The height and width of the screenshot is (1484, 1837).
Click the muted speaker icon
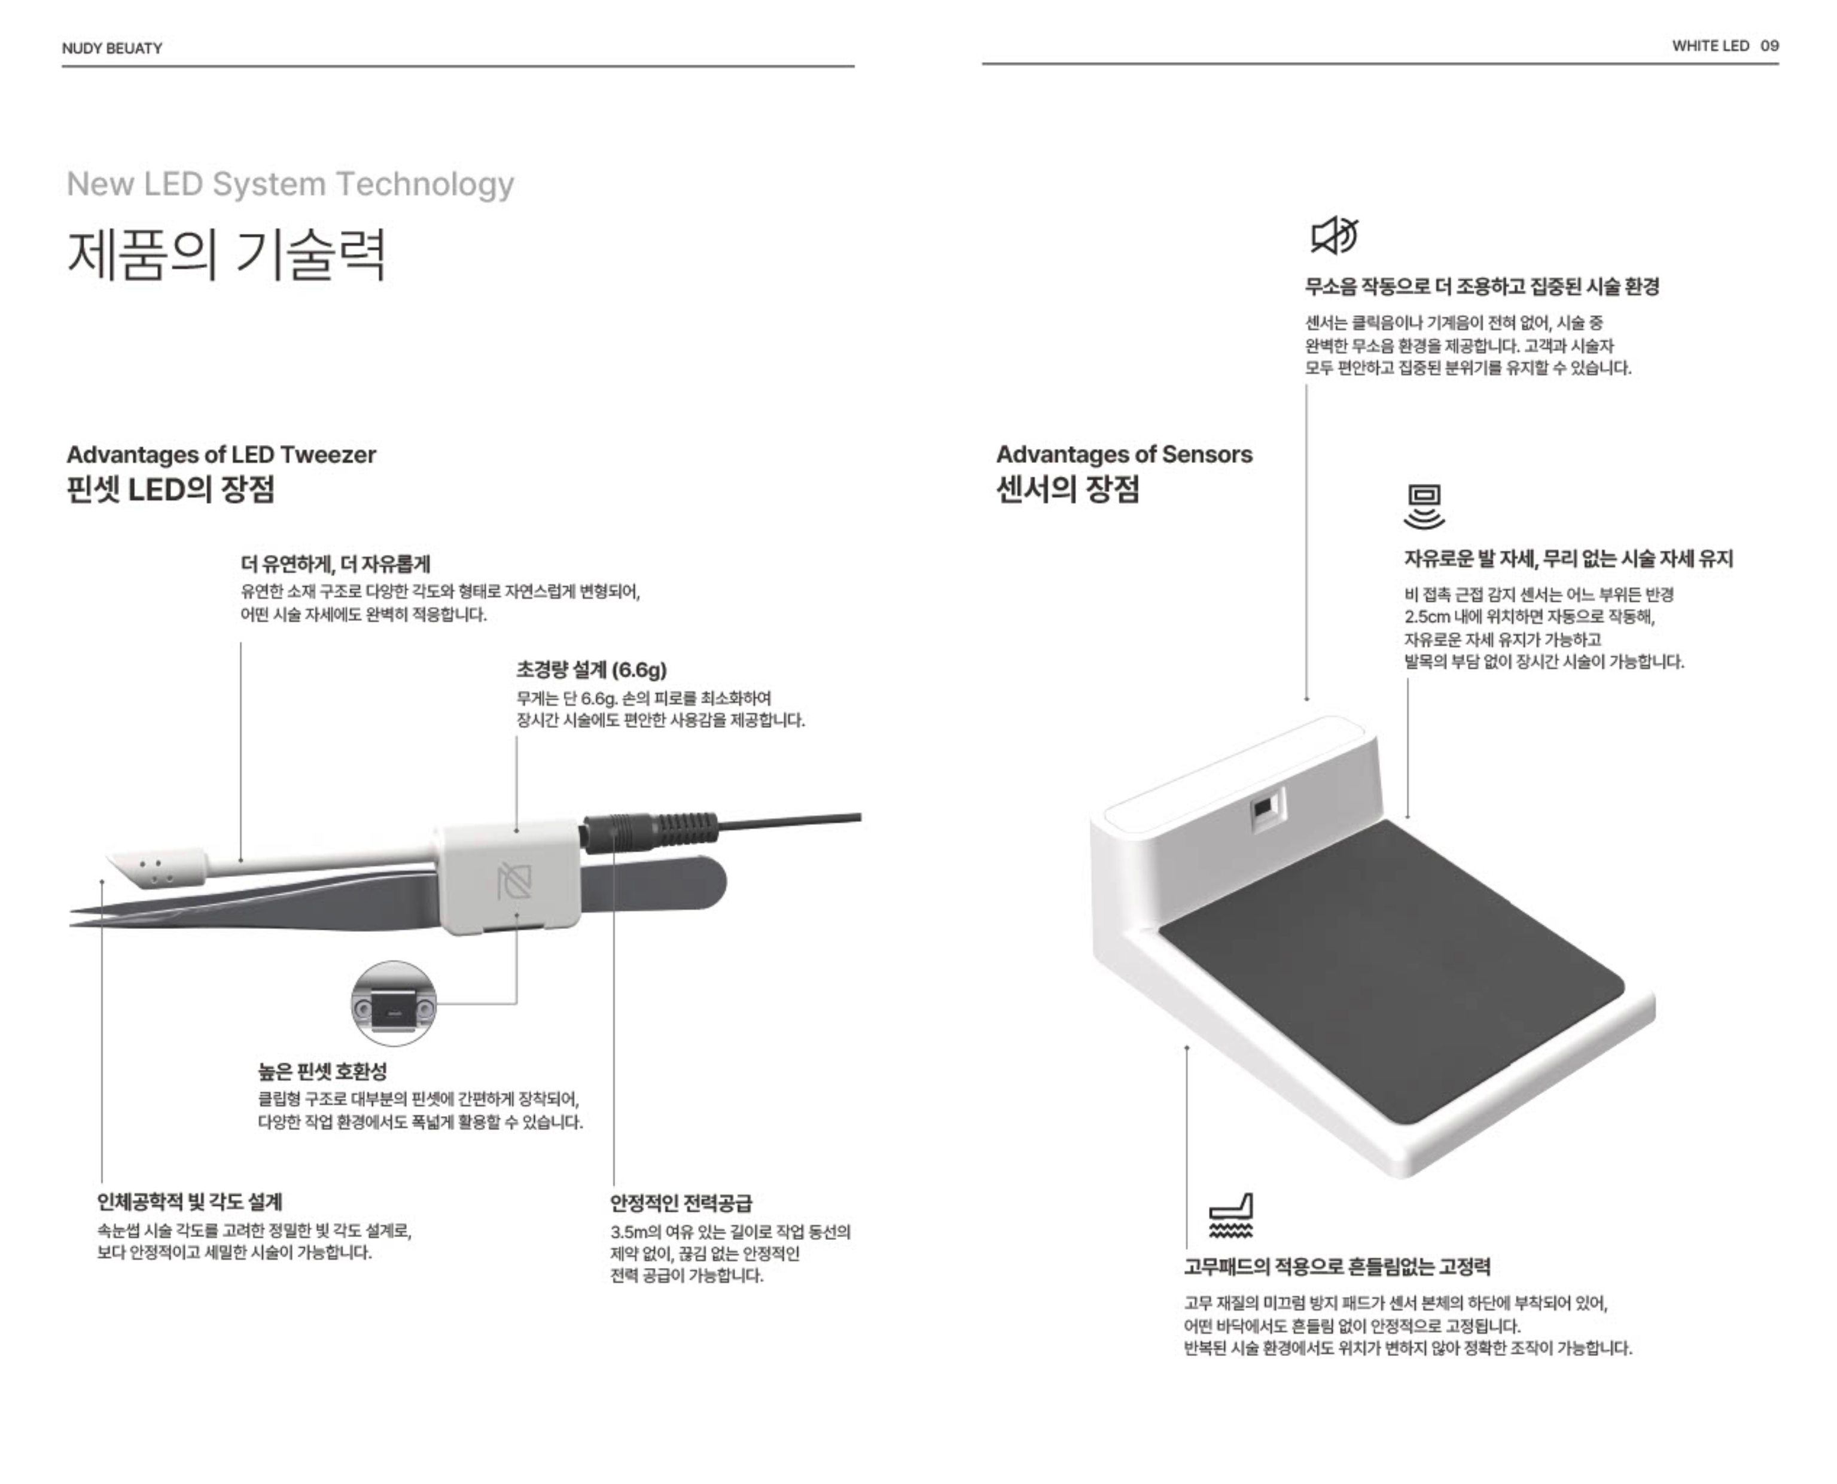click(1335, 236)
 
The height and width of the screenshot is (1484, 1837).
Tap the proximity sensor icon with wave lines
click(1423, 506)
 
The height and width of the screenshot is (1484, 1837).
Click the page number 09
click(1769, 46)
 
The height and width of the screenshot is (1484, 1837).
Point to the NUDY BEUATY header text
click(112, 48)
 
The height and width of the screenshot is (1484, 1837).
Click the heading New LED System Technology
click(291, 184)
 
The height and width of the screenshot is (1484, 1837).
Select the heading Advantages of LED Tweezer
click(221, 454)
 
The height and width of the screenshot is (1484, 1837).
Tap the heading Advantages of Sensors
click(1124, 454)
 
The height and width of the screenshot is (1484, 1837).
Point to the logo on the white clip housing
click(514, 881)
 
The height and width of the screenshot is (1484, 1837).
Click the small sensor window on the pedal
click(1263, 809)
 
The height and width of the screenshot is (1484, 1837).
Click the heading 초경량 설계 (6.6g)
click(592, 669)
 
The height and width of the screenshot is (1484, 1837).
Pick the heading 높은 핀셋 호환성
click(322, 1071)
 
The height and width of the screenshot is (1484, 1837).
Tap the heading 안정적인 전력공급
click(681, 1203)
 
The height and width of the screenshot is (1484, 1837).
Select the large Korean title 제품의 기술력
click(227, 255)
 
